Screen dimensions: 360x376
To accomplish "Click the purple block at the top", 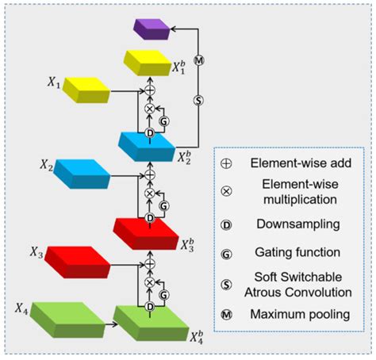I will click(x=151, y=29).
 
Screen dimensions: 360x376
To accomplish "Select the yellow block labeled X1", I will click(x=86, y=89).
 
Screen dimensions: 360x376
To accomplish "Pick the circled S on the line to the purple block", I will click(x=200, y=100).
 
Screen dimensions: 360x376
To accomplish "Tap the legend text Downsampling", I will click(x=296, y=224).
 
